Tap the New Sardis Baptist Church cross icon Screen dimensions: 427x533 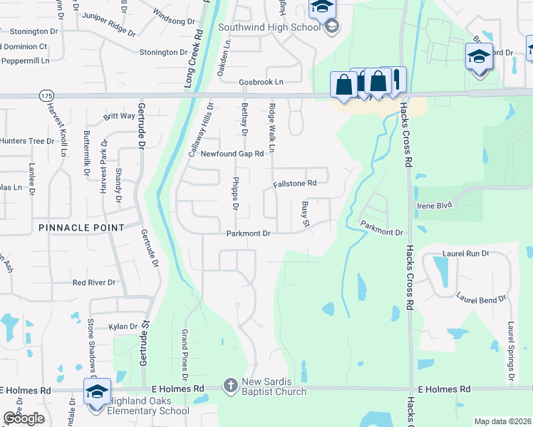(x=230, y=386)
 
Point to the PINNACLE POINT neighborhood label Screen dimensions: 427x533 (x=82, y=228)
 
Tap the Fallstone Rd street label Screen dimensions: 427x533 (x=294, y=183)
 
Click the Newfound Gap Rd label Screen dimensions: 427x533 (x=232, y=154)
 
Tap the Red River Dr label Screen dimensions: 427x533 (x=93, y=283)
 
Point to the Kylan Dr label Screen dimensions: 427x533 (x=123, y=327)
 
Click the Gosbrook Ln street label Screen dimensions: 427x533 (x=261, y=82)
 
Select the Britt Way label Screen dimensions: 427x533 (x=119, y=116)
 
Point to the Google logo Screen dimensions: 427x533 (x=24, y=418)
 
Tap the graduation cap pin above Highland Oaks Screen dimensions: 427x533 (x=97, y=392)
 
